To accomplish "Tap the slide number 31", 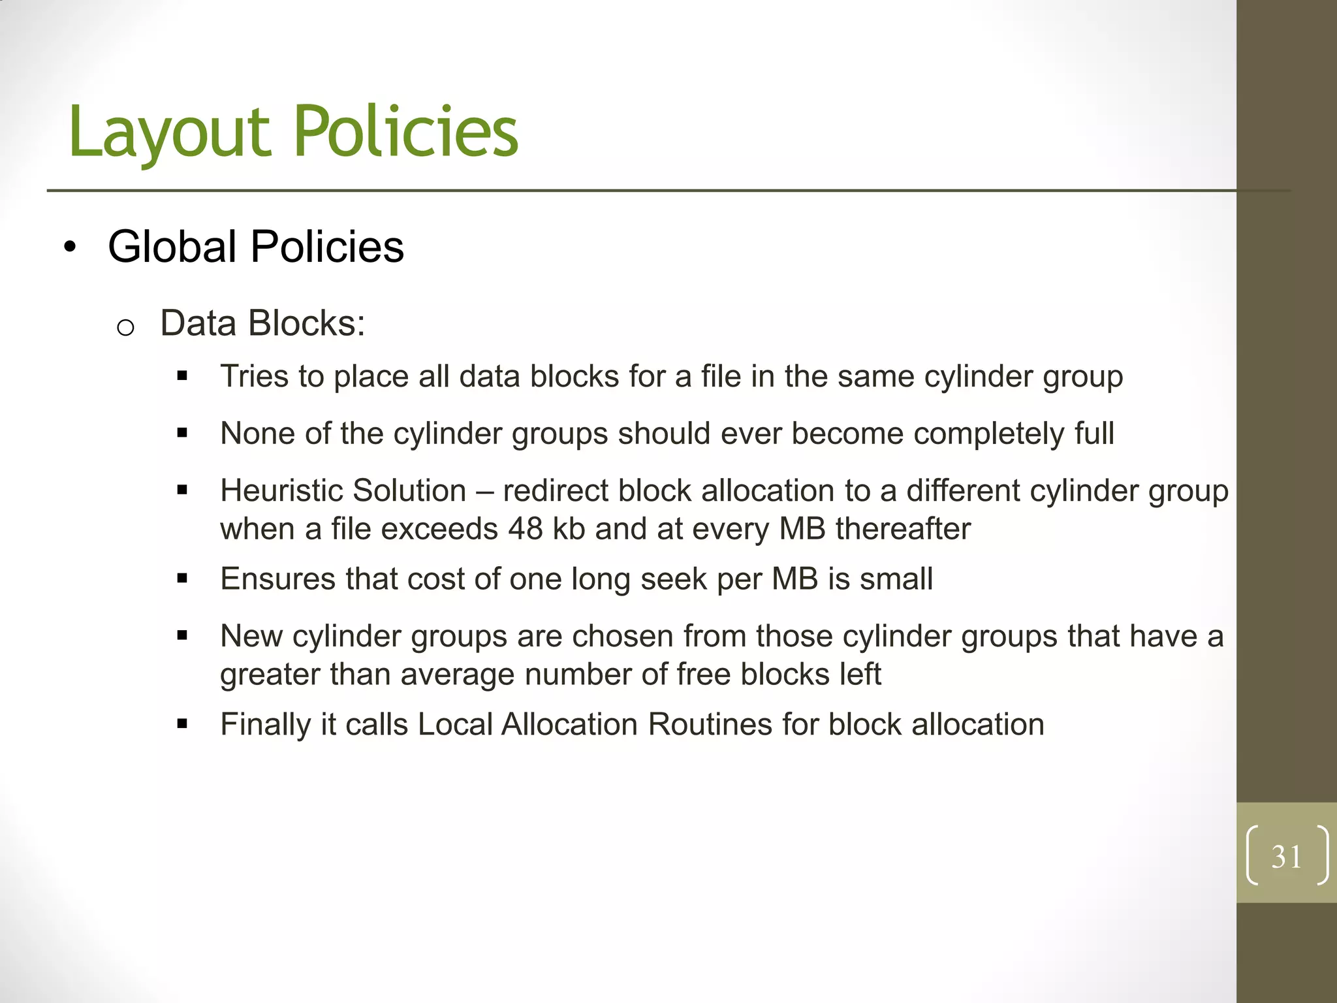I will point(1286,857).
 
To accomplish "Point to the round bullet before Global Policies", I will point(70,248).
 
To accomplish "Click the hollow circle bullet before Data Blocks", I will point(125,327).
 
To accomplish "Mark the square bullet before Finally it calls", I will point(182,724).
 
